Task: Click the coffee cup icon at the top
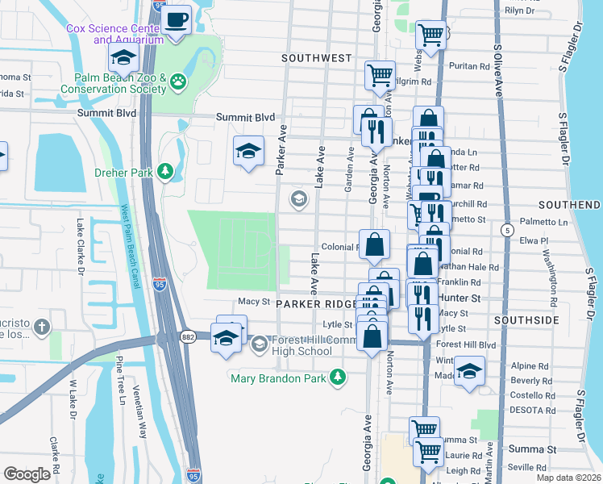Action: (177, 19)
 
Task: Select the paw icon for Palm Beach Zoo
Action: (177, 81)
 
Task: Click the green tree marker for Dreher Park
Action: (166, 171)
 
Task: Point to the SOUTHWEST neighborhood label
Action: (317, 58)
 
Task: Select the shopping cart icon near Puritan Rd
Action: (431, 35)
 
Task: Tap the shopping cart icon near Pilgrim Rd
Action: (379, 76)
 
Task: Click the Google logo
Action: (27, 474)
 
